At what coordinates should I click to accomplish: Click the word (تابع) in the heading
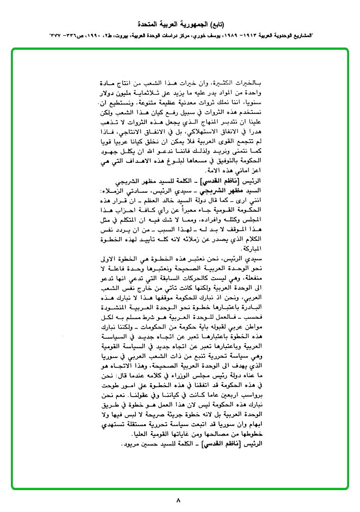pyautogui.click(x=216, y=24)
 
